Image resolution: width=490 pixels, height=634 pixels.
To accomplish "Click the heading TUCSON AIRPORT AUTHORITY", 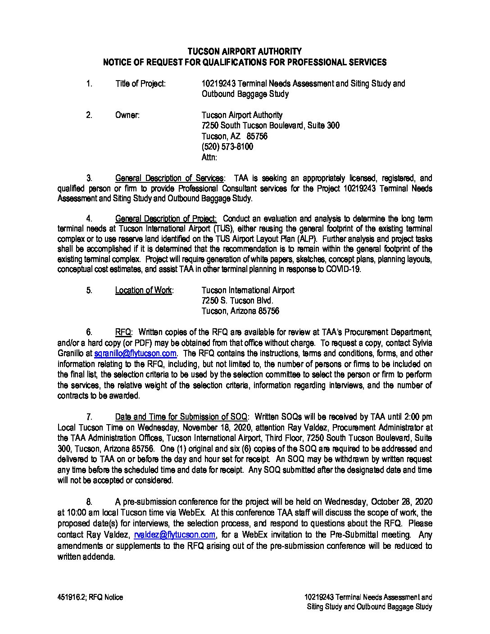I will tap(245, 51).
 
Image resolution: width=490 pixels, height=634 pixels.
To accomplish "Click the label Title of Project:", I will tap(141, 83).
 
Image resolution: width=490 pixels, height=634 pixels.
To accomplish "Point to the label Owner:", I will tap(127, 115).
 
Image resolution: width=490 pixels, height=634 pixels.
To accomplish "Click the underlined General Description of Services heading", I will tap(169, 178).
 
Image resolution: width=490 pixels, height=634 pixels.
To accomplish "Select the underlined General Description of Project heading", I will tap(166, 219).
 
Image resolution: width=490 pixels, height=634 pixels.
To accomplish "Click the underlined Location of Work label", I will tap(144, 290).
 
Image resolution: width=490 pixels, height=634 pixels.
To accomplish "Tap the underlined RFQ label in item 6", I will tap(123, 332).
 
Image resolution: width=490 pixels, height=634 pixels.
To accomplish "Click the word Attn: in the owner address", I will tap(209, 158).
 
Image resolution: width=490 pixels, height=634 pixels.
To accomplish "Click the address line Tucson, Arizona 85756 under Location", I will tap(240, 311).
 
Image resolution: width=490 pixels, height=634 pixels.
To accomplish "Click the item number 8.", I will tap(89, 502).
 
